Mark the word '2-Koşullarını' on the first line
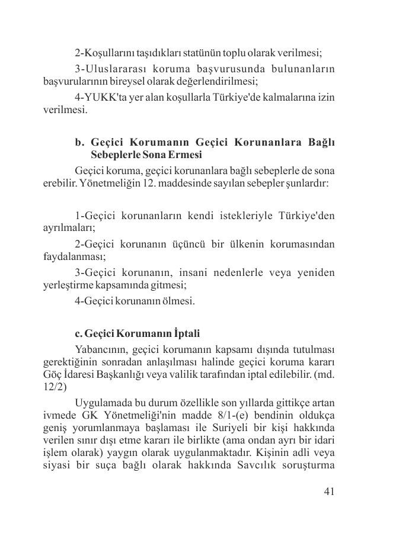point(106,52)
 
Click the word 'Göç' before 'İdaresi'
point(53,375)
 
